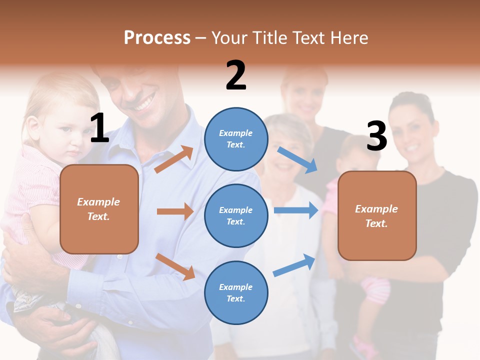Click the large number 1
(x=99, y=128)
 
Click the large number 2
(x=236, y=75)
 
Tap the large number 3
(x=376, y=136)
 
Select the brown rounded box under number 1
(x=99, y=209)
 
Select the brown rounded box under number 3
(x=377, y=215)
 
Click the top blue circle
(x=236, y=138)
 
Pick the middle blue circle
(x=236, y=215)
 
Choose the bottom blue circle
(x=236, y=292)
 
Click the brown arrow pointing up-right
(x=174, y=159)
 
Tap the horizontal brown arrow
(x=175, y=211)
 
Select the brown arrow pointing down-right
(x=175, y=266)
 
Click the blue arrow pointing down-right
(x=297, y=160)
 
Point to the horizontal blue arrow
(x=296, y=210)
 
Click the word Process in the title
(x=157, y=37)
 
